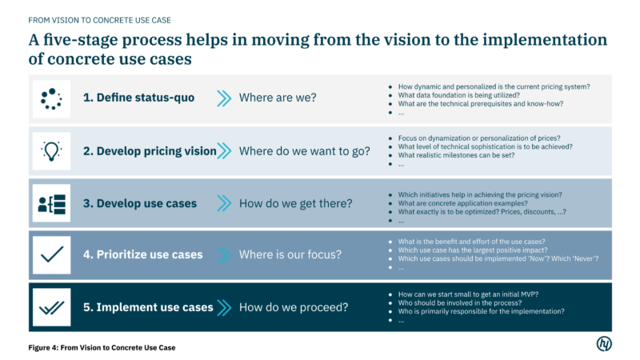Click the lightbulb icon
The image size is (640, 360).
point(51,151)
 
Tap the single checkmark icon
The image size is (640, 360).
point(52,254)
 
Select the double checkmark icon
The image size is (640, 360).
point(52,308)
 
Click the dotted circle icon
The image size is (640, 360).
point(51,98)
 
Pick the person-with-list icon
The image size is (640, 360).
point(51,204)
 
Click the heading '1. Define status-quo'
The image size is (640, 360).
point(138,98)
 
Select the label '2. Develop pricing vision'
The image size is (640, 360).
point(150,151)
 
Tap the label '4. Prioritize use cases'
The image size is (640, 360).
point(143,254)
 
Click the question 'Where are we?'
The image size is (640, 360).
point(278,98)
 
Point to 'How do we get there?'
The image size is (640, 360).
point(295,203)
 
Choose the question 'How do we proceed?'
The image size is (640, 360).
point(294,307)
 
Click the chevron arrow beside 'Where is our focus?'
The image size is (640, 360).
point(224,255)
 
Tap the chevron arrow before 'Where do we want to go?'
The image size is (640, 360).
point(224,150)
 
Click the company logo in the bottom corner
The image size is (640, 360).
point(604,343)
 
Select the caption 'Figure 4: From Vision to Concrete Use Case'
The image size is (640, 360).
point(102,348)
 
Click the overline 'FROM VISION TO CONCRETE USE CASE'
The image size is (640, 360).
point(99,21)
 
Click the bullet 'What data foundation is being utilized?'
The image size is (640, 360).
point(459,95)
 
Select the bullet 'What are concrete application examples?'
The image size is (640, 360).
point(463,203)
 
